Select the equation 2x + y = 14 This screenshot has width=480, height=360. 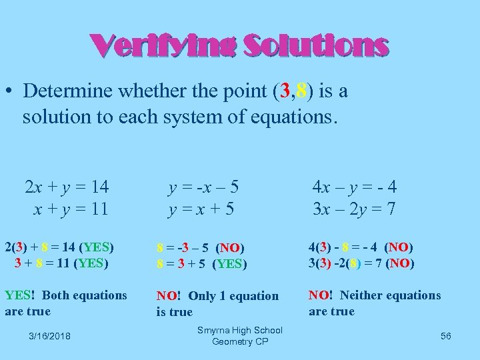(x=69, y=186)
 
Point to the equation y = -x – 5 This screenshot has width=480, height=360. (x=204, y=186)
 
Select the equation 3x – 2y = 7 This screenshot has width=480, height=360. (x=355, y=209)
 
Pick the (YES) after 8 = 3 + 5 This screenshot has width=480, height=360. (x=229, y=264)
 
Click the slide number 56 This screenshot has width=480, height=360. (x=445, y=336)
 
